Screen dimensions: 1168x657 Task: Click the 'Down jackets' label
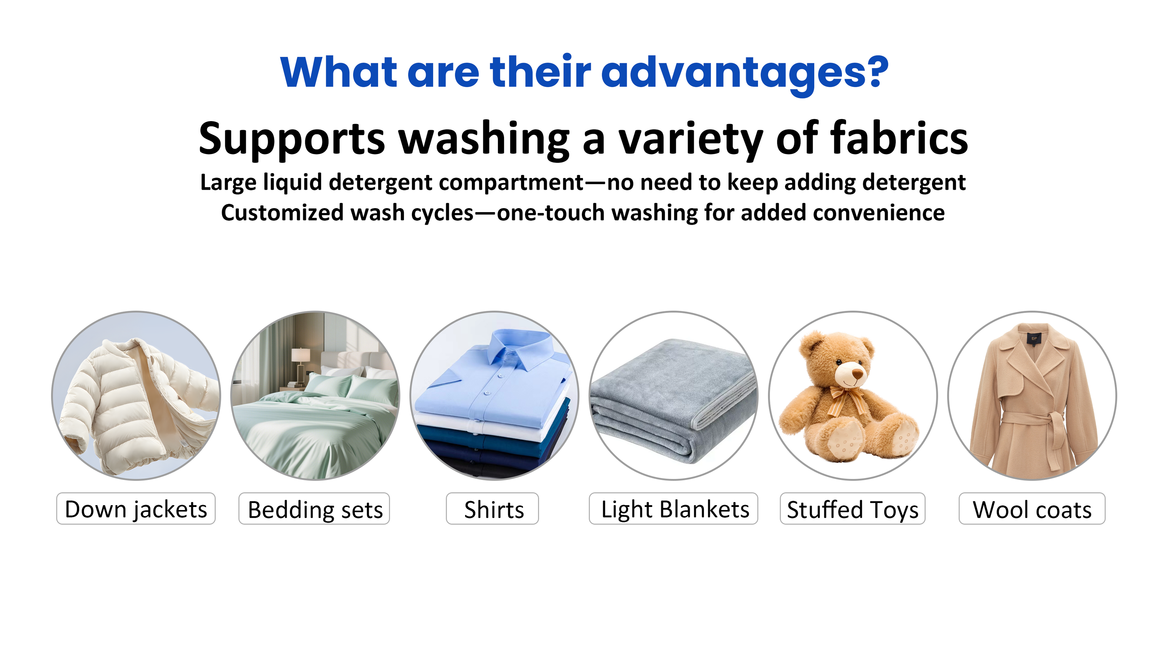[136, 509]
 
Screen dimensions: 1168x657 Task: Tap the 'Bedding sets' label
[314, 509]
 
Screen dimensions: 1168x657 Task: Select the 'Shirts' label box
[492, 509]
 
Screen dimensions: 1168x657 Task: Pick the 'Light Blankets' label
[673, 509]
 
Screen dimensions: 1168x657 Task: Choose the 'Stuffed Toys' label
[852, 509]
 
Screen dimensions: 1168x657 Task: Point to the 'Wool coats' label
[1032, 509]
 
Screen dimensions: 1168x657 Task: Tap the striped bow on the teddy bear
[847, 399]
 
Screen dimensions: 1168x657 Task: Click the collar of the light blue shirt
[521, 347]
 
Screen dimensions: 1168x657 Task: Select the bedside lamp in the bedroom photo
[300, 363]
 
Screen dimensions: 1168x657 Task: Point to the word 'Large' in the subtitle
[229, 183]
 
